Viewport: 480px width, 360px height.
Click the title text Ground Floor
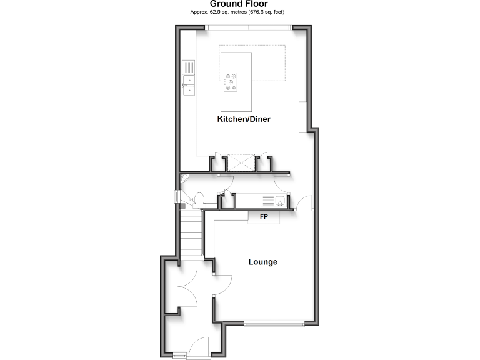pos(239,4)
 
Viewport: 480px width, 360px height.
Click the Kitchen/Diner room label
pos(244,119)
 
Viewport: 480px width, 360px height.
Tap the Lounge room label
pos(262,262)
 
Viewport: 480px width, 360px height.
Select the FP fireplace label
pos(263,217)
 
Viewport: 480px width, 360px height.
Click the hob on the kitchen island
pos(231,82)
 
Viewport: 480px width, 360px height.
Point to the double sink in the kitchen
pos(188,85)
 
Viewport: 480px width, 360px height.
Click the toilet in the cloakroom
pos(199,199)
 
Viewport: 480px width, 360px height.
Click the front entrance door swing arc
pos(201,345)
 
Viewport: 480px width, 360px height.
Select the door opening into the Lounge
pos(209,266)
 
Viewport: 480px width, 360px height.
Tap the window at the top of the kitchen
pos(249,26)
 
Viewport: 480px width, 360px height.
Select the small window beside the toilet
pos(177,197)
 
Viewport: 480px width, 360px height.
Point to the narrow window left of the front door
pos(179,355)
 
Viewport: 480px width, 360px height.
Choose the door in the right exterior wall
pos(306,203)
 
